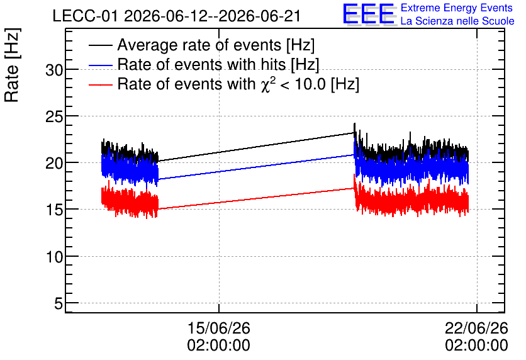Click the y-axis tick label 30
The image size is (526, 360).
[x=54, y=70]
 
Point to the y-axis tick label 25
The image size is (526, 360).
[x=54, y=117]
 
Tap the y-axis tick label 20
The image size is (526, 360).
[x=54, y=164]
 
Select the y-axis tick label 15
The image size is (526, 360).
[x=54, y=210]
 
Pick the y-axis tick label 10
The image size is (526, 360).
[x=54, y=257]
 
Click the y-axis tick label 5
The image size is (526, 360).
[x=59, y=304]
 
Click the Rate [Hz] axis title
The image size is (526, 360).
[x=12, y=65]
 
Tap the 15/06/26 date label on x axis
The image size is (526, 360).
[x=219, y=328]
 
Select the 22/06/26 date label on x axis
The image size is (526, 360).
[x=476, y=328]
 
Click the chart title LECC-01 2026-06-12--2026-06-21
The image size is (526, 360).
[x=176, y=16]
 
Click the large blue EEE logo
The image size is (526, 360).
[x=369, y=14]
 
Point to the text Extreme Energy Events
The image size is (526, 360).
[x=457, y=8]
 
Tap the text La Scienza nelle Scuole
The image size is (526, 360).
[x=457, y=21]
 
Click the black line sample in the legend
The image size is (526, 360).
[x=101, y=45]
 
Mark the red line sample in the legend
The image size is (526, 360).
[x=101, y=84]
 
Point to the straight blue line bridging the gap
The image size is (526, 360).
[x=256, y=167]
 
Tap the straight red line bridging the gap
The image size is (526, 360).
[x=256, y=199]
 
